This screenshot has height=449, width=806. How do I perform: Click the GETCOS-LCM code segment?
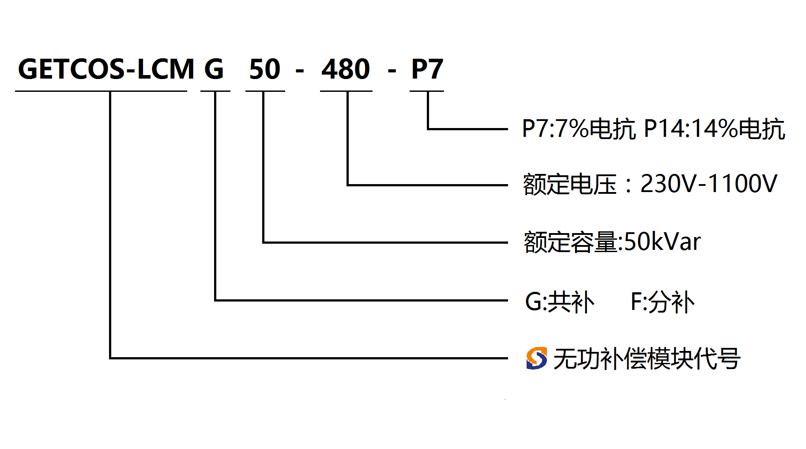[106, 69]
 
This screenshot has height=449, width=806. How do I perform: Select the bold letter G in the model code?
[214, 69]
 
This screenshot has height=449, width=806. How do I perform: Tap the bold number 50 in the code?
[265, 69]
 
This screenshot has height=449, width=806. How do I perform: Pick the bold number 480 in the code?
[346, 69]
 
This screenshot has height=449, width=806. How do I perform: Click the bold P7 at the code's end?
[427, 69]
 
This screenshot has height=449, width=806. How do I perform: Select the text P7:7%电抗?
[579, 129]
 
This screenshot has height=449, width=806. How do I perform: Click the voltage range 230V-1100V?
[708, 184]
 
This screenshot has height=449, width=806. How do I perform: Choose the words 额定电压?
[569, 185]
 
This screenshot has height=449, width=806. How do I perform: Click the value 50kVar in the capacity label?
[663, 242]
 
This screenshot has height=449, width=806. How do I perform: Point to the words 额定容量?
[571, 242]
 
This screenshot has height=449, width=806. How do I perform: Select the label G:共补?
[560, 302]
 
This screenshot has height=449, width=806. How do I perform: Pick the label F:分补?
[663, 302]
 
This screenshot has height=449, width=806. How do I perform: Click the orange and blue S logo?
[536, 358]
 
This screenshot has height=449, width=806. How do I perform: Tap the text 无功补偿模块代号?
[647, 358]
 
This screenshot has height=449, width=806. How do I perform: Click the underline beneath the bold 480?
[346, 91]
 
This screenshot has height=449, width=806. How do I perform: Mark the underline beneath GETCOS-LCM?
[101, 91]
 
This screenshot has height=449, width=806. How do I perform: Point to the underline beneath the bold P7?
[427, 91]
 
